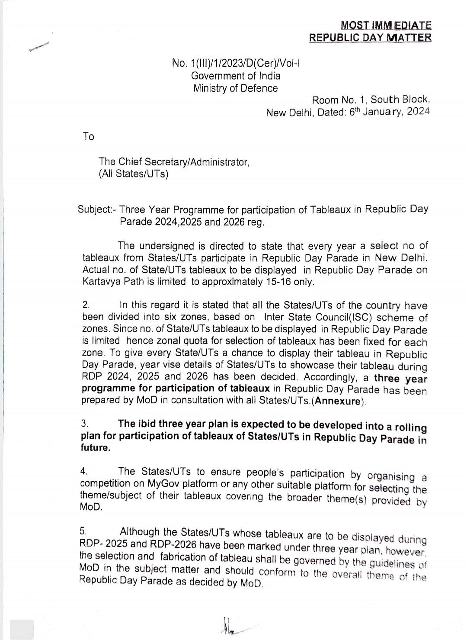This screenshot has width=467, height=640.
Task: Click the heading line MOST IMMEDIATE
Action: [x=386, y=26]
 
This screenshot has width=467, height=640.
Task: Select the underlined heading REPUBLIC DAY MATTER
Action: [x=370, y=38]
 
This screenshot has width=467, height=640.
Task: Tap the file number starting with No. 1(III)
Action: [x=236, y=63]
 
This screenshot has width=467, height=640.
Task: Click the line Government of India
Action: [x=236, y=76]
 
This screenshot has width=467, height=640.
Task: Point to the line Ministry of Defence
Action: [x=236, y=88]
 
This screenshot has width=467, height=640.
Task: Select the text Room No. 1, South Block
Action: [x=371, y=100]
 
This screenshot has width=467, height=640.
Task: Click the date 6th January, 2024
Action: [x=389, y=112]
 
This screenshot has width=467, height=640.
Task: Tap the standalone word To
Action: [x=89, y=137]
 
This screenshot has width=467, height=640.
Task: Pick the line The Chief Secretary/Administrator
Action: [x=174, y=162]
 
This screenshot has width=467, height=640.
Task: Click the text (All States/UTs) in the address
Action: [x=134, y=174]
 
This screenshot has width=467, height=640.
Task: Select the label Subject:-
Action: [x=97, y=210]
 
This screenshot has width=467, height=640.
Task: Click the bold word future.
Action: [x=96, y=448]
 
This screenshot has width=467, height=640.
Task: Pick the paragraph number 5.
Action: [x=84, y=531]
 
